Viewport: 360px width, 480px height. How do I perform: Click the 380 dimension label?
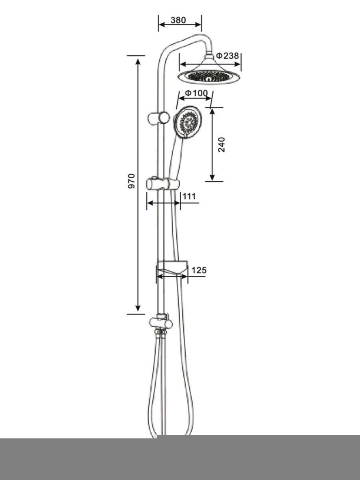178,20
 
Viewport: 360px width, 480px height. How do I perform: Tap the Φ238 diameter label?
227,56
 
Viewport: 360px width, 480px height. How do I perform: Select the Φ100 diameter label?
196,93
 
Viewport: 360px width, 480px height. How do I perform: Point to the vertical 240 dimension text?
222,144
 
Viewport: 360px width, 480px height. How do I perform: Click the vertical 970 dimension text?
132,181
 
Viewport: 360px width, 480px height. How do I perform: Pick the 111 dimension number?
189,196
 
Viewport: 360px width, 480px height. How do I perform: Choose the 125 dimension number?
199,270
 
